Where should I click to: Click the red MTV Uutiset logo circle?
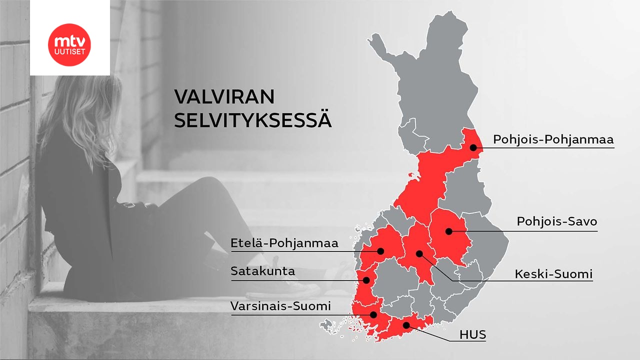click(x=69, y=44)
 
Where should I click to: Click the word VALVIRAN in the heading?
click(x=224, y=97)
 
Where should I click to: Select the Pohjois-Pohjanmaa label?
click(x=553, y=139)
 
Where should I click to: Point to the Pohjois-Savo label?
click(x=557, y=221)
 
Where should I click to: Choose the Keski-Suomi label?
click(x=553, y=274)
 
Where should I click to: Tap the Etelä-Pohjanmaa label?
click(x=284, y=243)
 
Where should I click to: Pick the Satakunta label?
click(x=263, y=271)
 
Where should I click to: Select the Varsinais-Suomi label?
click(x=280, y=306)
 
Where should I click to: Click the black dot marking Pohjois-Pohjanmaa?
click(x=473, y=147)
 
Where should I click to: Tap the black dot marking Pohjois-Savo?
click(x=449, y=231)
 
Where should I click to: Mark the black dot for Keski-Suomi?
click(x=419, y=254)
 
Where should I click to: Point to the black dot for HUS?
click(x=406, y=325)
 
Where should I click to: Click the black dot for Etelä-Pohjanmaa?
click(x=380, y=251)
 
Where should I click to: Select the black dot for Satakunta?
click(x=366, y=280)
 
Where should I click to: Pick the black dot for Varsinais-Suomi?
click(x=373, y=314)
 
